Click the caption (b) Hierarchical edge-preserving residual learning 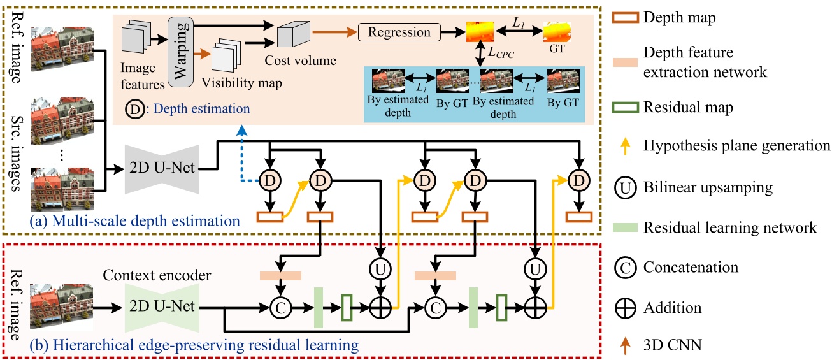pos(194,345)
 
